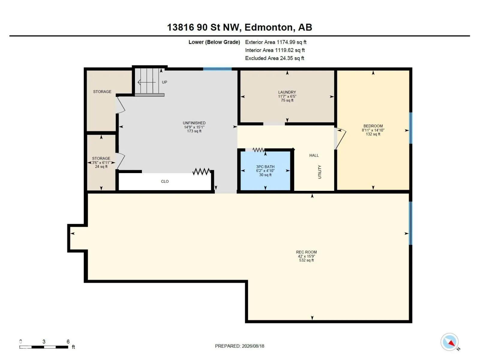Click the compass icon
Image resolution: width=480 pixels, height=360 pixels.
[x=449, y=342]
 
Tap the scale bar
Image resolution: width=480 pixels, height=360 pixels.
[x=44, y=347]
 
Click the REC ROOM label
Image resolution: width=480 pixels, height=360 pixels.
[x=306, y=252]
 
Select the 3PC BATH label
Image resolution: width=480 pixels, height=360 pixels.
[x=265, y=167]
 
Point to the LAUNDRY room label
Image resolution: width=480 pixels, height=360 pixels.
[x=287, y=92]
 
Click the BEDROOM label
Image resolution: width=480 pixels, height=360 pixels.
[x=373, y=126]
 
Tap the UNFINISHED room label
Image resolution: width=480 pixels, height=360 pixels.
[x=194, y=123]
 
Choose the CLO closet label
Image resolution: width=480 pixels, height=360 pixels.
[x=165, y=181]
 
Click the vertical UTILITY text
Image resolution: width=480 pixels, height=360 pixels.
[x=320, y=172]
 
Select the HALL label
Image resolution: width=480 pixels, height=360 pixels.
[x=314, y=155]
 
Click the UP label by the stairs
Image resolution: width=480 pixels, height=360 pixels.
[x=164, y=82]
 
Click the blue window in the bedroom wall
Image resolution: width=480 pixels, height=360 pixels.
[x=410, y=128]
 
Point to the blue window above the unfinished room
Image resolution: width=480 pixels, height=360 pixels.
[x=217, y=69]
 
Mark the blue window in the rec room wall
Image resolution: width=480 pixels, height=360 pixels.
[x=410, y=223]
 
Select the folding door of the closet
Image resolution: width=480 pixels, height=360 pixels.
[x=201, y=172]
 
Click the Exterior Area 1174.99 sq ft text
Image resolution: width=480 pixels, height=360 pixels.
[x=275, y=42]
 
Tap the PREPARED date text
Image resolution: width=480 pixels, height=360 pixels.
[x=239, y=346]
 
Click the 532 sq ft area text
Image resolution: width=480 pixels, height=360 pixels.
[x=306, y=260]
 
